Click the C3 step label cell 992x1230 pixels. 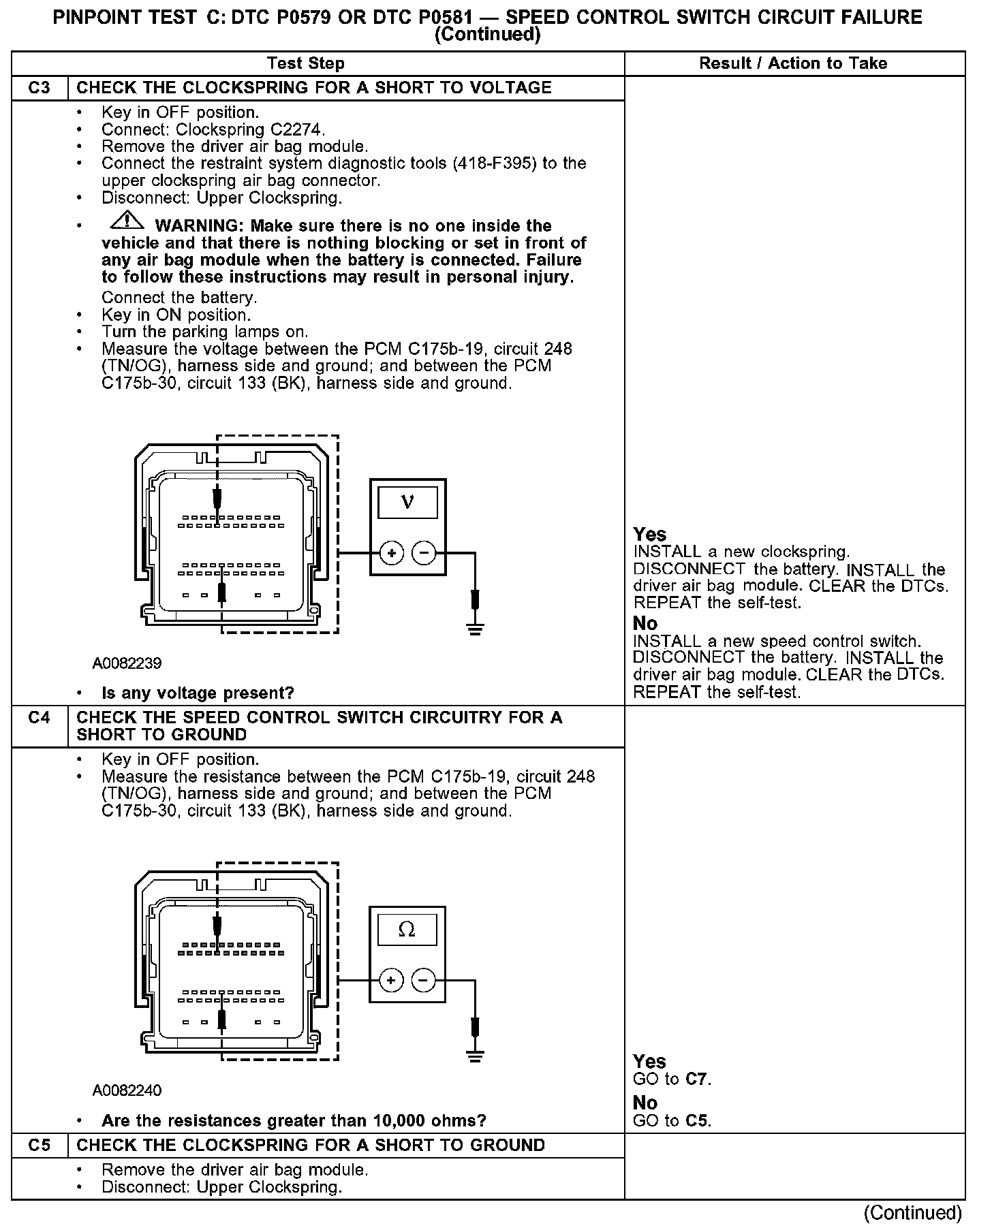tap(40, 88)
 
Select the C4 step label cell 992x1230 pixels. tap(40, 718)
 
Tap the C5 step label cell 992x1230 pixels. tap(40, 1145)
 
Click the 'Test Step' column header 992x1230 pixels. tap(305, 63)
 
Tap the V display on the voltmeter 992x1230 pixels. tap(407, 503)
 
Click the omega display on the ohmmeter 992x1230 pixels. tap(407, 930)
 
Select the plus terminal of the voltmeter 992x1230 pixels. tap(391, 553)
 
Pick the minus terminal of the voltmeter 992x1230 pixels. tap(424, 553)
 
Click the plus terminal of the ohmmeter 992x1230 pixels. tap(391, 980)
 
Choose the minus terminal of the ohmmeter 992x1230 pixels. tap(424, 980)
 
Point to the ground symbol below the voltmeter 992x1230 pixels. tap(475, 627)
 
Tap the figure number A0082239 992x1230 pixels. tap(127, 663)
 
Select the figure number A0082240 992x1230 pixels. tap(127, 1090)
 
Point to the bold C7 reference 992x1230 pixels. tap(698, 1079)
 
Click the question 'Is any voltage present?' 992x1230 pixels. tap(198, 693)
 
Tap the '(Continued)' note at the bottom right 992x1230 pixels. tap(912, 1213)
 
